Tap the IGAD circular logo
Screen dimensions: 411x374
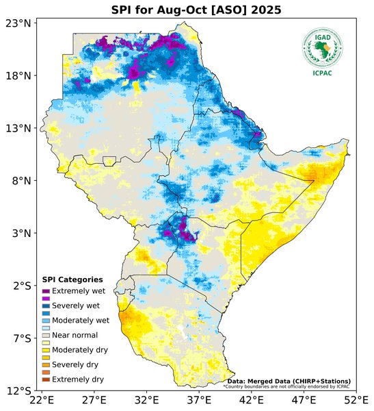[322, 47]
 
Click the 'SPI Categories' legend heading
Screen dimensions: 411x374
[72, 279]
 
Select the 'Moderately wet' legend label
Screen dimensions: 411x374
[81, 320]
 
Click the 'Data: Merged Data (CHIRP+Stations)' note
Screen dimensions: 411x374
[289, 381]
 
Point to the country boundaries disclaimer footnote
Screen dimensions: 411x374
[287, 386]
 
